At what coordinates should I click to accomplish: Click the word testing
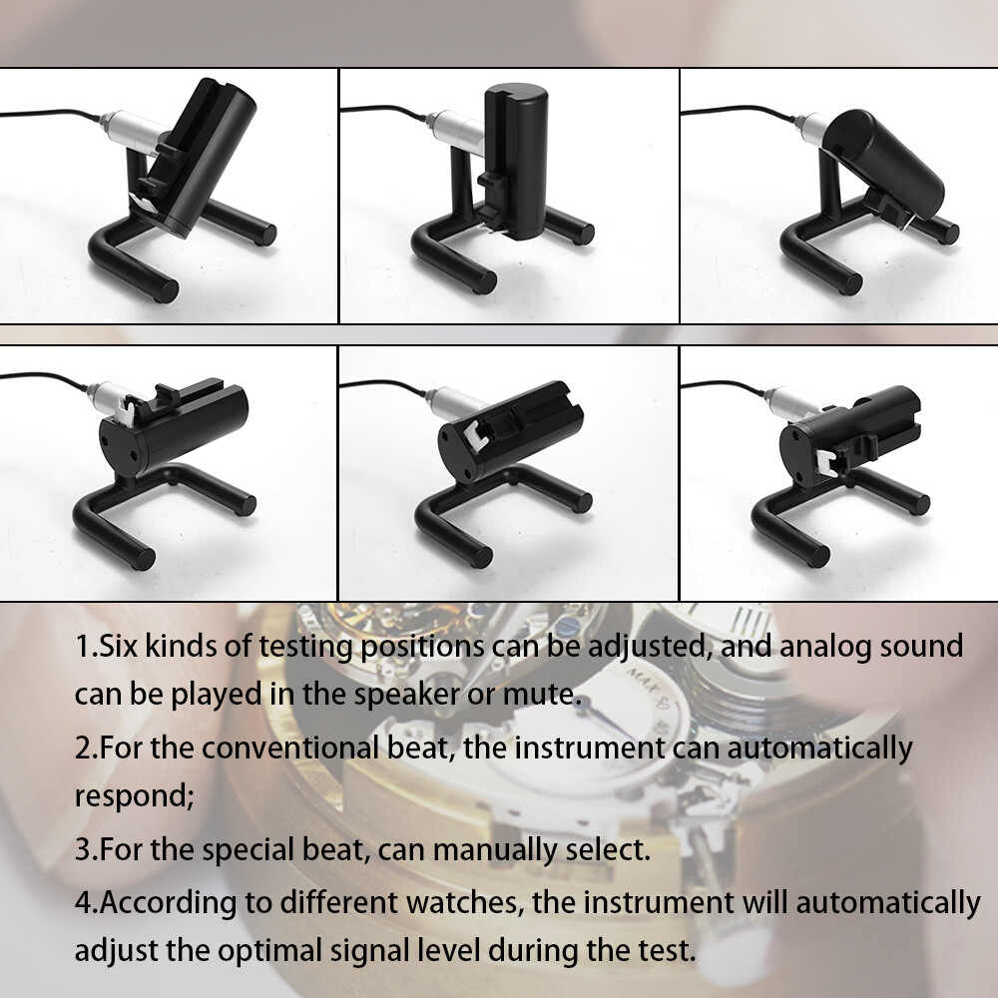[289, 648]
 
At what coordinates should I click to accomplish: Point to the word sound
[920, 646]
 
